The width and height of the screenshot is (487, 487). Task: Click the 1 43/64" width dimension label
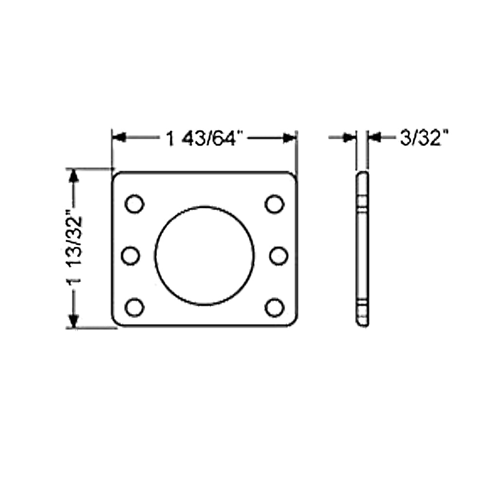[x=204, y=139]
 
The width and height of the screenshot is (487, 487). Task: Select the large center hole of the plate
[x=205, y=256]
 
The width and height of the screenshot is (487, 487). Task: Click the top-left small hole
[x=134, y=204]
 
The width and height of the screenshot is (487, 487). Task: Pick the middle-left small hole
[x=131, y=256]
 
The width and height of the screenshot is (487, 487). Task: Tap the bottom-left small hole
[x=134, y=308]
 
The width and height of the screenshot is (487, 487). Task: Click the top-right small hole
[x=275, y=204]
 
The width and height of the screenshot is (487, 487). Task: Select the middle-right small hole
[x=279, y=256]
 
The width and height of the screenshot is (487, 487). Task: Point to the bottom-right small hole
[x=275, y=308]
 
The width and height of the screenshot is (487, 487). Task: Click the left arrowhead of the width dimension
[x=119, y=138]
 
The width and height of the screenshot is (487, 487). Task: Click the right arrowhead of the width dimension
[x=290, y=138]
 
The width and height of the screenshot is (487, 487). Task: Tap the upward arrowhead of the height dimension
[x=74, y=175]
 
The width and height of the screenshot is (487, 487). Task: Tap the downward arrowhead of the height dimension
[x=74, y=321]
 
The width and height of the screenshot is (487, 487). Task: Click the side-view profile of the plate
[x=362, y=248]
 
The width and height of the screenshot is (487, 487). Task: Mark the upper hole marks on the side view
[x=362, y=202]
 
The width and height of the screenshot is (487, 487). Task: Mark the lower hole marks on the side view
[x=362, y=308]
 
